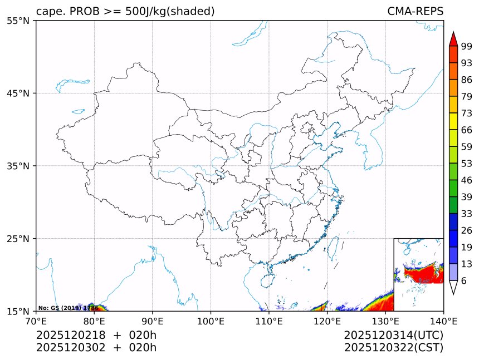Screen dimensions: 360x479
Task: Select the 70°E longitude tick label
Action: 36,320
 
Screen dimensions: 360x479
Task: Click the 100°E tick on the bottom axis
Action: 211,320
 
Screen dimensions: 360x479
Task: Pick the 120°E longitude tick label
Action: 327,320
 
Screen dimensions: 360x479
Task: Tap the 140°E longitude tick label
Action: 443,320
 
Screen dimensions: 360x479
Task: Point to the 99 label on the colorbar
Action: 467,46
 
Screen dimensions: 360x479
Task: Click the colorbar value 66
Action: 467,130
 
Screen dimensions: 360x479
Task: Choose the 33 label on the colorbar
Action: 467,214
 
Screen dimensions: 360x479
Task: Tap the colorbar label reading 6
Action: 464,280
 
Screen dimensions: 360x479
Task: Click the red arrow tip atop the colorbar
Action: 453,38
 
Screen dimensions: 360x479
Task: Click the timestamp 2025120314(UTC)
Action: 393,335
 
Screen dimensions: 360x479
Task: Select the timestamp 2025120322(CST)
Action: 393,348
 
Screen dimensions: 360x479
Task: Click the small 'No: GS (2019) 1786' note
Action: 68,308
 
